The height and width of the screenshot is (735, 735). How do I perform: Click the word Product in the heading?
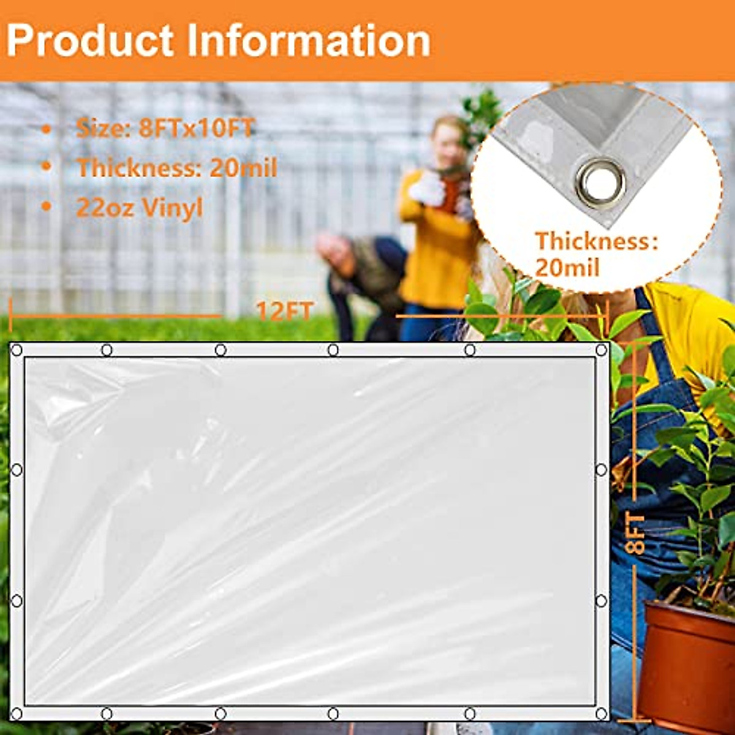[x=90, y=41]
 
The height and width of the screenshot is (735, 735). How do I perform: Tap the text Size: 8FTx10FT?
[x=165, y=129]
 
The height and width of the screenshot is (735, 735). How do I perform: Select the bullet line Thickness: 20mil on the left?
[x=176, y=168]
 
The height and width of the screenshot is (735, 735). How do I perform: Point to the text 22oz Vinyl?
[x=139, y=208]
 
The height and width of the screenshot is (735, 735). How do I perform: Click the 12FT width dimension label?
[x=285, y=311]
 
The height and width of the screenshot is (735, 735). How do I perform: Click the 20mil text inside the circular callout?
[x=567, y=268]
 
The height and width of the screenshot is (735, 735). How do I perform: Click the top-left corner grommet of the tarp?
[x=17, y=350]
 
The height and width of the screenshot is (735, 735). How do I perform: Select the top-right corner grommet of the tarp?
[x=601, y=350]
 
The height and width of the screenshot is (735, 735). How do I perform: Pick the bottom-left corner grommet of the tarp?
[x=17, y=714]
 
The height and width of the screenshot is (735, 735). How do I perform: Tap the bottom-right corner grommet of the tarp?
[x=601, y=714]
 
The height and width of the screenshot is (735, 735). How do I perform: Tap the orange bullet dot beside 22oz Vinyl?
[x=46, y=208]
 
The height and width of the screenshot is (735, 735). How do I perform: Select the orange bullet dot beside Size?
[x=46, y=129]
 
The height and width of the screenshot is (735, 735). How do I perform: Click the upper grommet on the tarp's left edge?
[x=17, y=470]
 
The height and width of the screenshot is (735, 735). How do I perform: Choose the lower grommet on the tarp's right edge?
[x=601, y=600]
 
